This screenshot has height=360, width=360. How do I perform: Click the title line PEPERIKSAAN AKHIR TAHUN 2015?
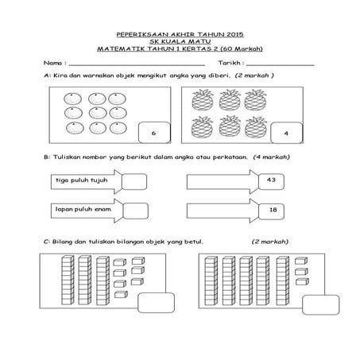tap(179, 36)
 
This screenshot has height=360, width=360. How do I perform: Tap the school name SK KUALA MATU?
tap(179, 42)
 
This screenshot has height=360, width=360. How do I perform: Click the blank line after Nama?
tap(135, 63)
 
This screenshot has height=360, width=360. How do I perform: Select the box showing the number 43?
tap(271, 181)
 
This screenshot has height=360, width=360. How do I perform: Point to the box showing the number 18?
tap(271, 210)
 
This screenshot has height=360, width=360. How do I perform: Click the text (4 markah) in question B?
tap(271, 157)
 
